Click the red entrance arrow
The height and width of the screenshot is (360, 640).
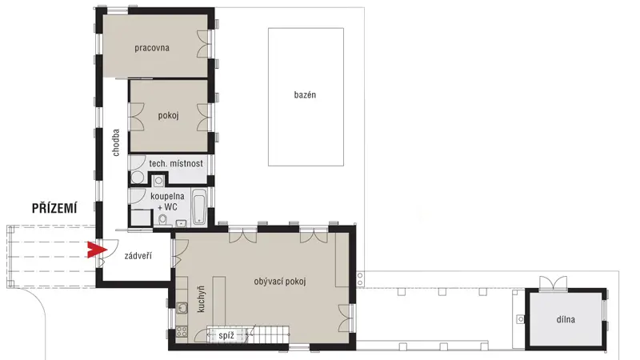coord(97,250)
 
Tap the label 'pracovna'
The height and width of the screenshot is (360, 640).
coord(152,48)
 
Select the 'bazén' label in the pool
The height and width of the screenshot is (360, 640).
coord(305,94)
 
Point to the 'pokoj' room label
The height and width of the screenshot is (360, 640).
coord(168,115)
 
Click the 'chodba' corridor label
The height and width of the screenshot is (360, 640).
coord(116,142)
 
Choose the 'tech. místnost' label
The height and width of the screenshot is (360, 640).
coord(176,164)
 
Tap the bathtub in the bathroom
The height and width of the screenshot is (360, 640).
coord(198,206)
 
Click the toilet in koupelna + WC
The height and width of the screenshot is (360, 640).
coord(163,219)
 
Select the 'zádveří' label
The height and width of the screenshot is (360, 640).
coord(138,256)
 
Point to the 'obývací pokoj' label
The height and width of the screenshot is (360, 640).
coord(279,282)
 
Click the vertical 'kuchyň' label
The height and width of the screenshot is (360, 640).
coord(201,299)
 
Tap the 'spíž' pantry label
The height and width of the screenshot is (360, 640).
coord(226,335)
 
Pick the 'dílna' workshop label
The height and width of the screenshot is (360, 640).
coord(566,319)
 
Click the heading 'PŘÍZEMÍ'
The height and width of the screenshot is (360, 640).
coord(54,208)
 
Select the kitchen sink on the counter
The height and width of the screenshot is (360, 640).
coord(182,308)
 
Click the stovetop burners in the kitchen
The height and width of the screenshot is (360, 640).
coord(182,331)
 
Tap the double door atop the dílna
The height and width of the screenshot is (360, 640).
coord(553,283)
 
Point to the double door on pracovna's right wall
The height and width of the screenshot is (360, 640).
coord(205,44)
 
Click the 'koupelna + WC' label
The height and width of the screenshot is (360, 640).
coord(167,202)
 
